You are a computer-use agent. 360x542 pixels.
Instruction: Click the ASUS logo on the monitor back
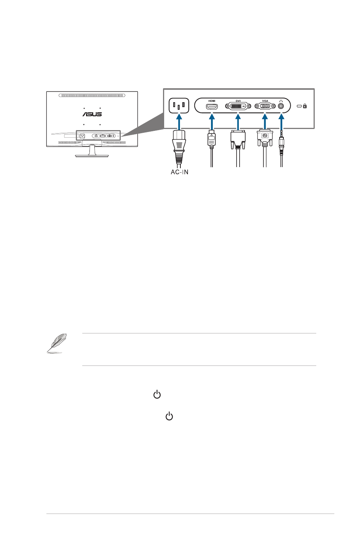[x=92, y=114]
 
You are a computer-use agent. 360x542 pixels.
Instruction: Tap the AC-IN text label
[x=179, y=172]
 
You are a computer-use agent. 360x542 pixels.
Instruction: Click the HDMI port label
[x=212, y=101]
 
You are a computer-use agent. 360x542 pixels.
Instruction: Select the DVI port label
[x=238, y=101]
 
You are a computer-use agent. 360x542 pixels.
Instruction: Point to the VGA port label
[x=265, y=101]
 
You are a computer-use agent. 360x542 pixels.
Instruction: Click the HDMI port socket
[x=212, y=106]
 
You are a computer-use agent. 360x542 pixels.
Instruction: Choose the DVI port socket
[x=238, y=106]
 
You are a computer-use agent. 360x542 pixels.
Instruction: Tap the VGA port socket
[x=265, y=106]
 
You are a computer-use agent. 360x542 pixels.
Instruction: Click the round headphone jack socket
[x=281, y=106]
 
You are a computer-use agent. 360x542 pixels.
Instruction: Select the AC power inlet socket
[x=178, y=106]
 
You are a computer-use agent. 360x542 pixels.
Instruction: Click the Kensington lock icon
[x=305, y=106]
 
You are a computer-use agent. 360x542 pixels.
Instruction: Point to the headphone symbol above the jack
[x=281, y=101]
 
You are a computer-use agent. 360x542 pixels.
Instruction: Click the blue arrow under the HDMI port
[x=212, y=122]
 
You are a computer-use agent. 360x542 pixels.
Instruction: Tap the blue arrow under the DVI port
[x=238, y=122]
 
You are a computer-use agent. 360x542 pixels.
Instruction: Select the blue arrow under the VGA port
[x=265, y=122]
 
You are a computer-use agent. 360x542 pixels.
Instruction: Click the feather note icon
[x=57, y=343]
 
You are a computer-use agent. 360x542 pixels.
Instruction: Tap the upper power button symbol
[x=157, y=395]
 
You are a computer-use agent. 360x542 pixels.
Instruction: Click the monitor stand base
[x=92, y=155]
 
